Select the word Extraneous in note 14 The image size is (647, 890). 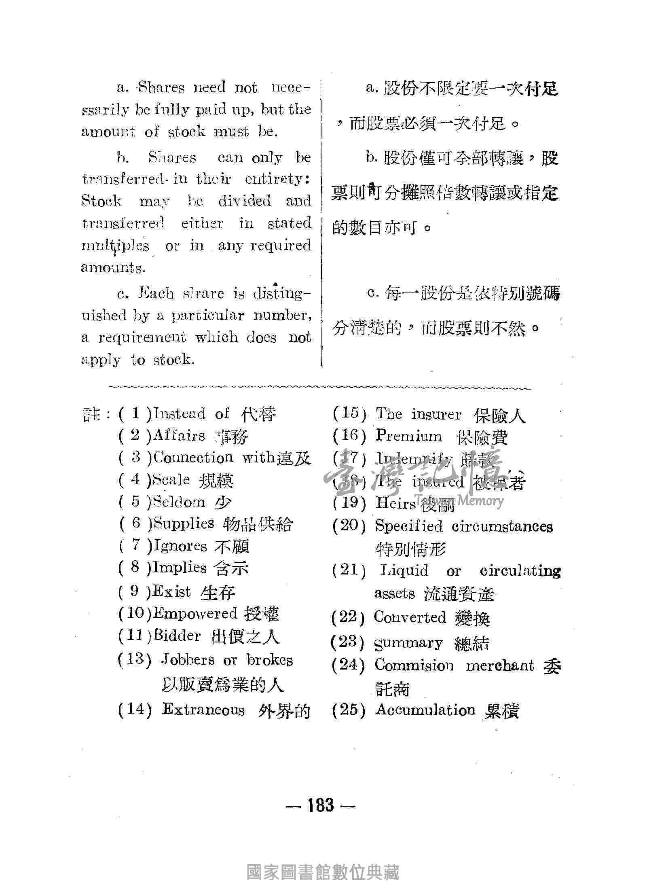(x=203, y=709)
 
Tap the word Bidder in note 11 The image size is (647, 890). (x=177, y=636)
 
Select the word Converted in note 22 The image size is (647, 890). (x=410, y=617)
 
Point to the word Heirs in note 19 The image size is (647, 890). (x=395, y=503)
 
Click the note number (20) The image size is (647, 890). (x=349, y=526)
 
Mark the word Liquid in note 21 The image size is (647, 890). (x=404, y=571)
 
